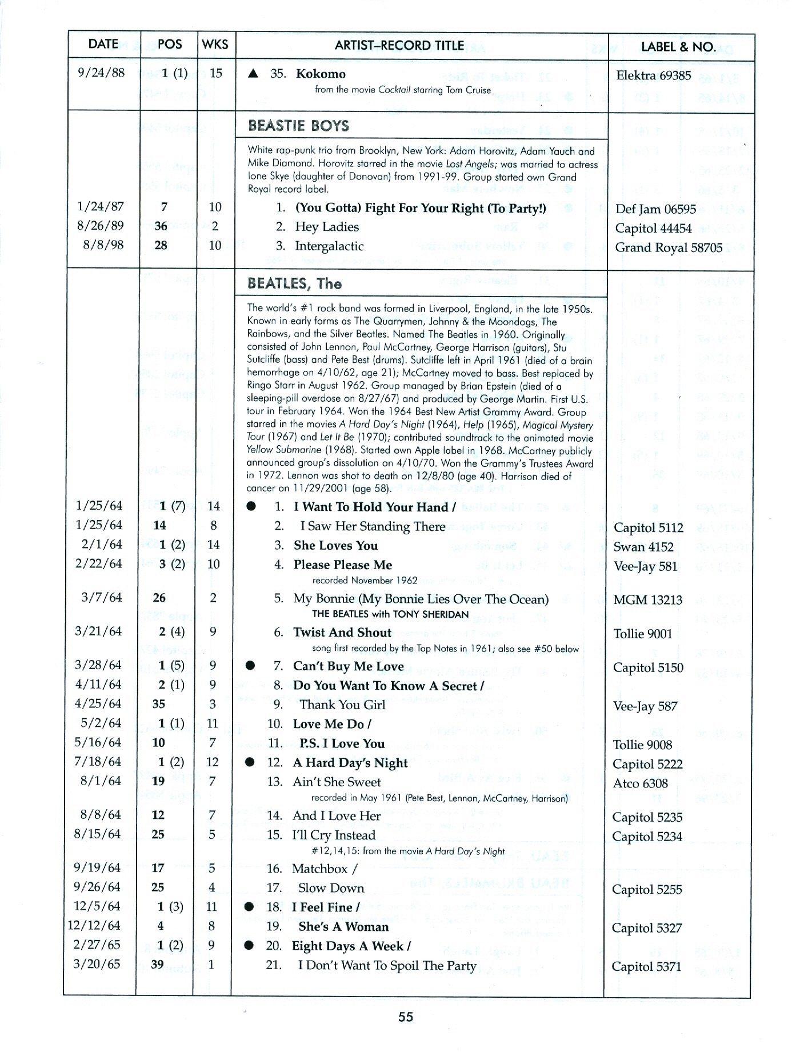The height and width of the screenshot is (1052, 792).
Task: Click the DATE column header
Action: point(103,45)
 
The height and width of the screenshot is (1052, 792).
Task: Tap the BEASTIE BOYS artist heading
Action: point(298,126)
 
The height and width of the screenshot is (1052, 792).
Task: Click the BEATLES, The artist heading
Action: point(294,283)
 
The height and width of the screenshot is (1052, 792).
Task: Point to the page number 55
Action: point(406,1017)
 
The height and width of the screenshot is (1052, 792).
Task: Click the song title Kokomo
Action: point(320,74)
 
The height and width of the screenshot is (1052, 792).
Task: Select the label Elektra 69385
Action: point(653,75)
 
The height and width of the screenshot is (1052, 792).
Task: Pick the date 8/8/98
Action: point(104,245)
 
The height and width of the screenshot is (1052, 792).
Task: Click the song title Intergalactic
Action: point(329,246)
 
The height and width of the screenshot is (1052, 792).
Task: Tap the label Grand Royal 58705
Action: point(669,247)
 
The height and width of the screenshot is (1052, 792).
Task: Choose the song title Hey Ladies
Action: point(327,227)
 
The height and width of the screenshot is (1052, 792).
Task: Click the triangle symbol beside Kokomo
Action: point(254,74)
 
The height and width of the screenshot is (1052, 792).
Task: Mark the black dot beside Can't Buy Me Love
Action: point(250,666)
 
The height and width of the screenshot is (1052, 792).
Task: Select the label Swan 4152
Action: point(643,547)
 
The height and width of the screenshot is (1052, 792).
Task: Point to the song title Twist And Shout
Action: point(342,632)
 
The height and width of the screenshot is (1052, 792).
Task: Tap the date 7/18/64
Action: point(98,762)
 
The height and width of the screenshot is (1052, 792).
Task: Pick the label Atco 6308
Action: point(640,783)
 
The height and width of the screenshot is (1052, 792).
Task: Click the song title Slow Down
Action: point(331,888)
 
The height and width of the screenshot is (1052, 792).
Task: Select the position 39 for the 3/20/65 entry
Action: point(157,965)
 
